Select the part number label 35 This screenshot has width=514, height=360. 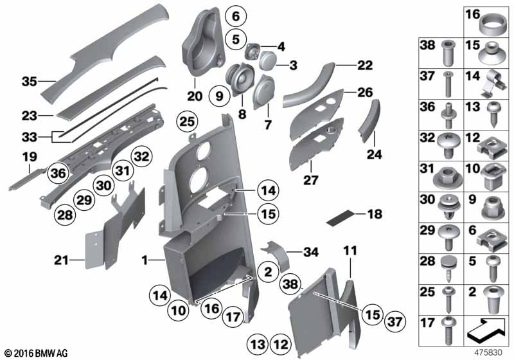point(29,82)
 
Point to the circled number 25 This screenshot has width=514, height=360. point(186,121)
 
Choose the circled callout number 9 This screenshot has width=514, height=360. point(219,97)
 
